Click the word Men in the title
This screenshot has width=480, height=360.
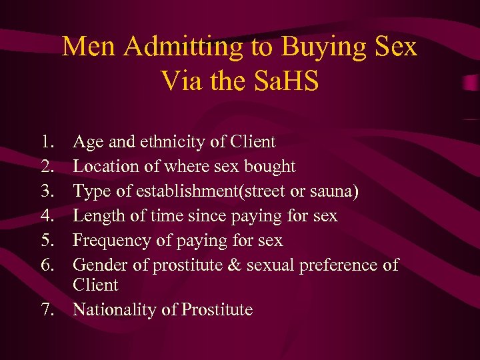pyautogui.click(x=85, y=47)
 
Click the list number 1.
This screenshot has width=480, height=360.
pyautogui.click(x=46, y=141)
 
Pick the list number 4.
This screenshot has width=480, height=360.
pyautogui.click(x=46, y=215)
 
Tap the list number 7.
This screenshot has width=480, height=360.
pyautogui.click(x=46, y=309)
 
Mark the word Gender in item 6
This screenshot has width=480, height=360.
pyautogui.click(x=100, y=265)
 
